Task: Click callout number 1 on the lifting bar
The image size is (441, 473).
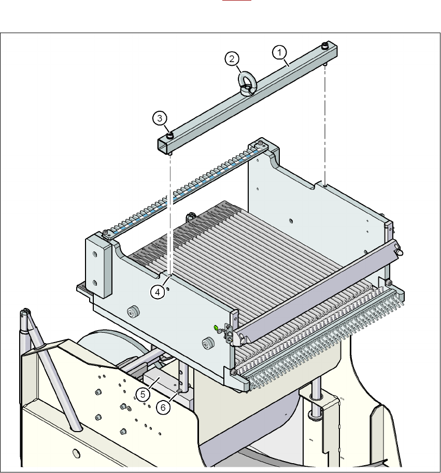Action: pyautogui.click(x=279, y=52)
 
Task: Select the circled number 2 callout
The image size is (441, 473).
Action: pyautogui.click(x=232, y=59)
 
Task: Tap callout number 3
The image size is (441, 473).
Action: pyautogui.click(x=160, y=119)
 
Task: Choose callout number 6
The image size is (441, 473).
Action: pyautogui.click(x=163, y=407)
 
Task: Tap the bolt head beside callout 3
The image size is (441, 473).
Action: pyautogui.click(x=169, y=136)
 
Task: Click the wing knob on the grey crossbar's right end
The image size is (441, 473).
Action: pyautogui.click(x=400, y=252)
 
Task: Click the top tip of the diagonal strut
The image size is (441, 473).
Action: pyautogui.click(x=24, y=312)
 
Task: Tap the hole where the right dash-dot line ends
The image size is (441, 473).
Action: pyautogui.click(x=324, y=184)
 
